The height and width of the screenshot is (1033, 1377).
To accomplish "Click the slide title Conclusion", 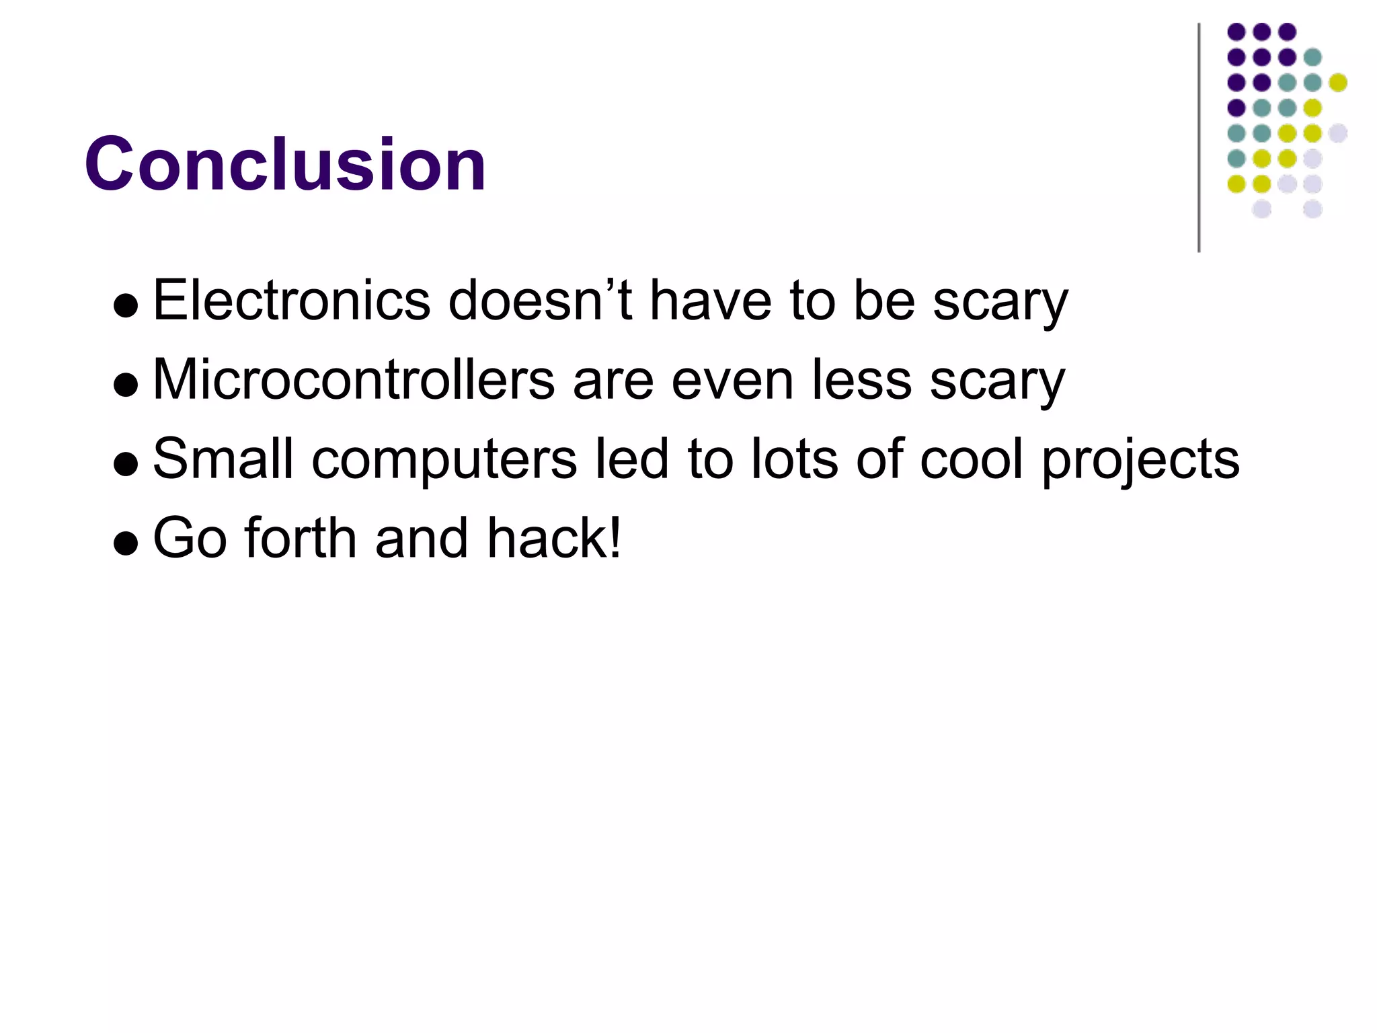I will click(x=285, y=164).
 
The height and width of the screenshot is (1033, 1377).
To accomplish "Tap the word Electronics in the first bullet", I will click(x=291, y=301).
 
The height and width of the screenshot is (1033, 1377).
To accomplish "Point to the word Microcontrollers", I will click(x=354, y=380).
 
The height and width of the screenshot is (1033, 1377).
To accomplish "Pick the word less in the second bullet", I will click(x=861, y=380).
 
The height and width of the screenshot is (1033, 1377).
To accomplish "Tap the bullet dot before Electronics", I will click(x=126, y=307).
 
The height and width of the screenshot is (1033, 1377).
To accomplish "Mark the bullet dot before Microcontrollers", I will click(x=126, y=385).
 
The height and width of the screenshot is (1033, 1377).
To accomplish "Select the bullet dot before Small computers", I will click(x=126, y=464).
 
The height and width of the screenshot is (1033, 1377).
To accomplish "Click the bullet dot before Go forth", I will click(x=126, y=543).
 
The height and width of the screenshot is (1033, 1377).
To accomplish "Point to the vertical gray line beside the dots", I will click(x=1199, y=138).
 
